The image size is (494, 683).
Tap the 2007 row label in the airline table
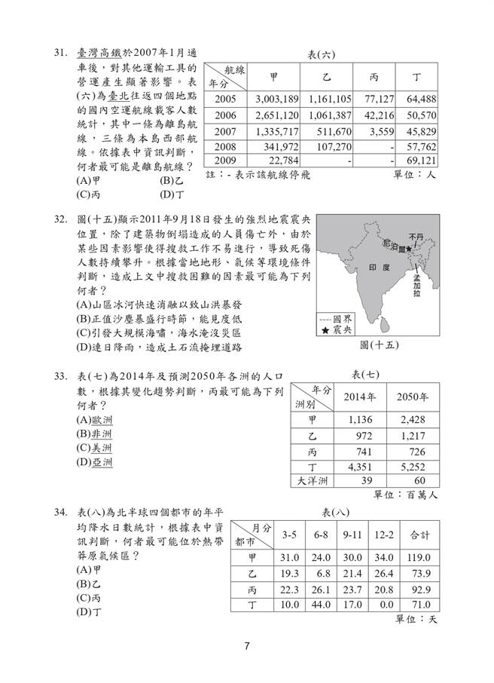(x=226, y=130)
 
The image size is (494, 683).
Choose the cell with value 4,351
(x=362, y=467)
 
